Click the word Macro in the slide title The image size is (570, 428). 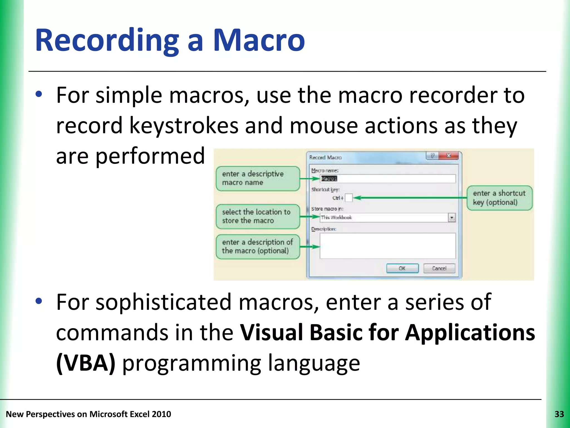click(259, 40)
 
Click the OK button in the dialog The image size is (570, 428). click(402, 268)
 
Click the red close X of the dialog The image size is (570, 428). click(448, 155)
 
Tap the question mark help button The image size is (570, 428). click(432, 155)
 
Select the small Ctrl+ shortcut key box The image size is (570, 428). click(349, 198)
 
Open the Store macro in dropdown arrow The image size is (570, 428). click(452, 217)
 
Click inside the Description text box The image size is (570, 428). click(387, 246)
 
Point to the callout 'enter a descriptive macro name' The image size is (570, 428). click(258, 178)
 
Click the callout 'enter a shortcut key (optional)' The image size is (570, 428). click(499, 198)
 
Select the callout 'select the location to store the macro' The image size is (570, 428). click(258, 216)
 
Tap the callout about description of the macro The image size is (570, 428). click(258, 247)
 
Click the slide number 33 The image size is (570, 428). click(559, 414)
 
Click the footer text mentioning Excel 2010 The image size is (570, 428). click(89, 414)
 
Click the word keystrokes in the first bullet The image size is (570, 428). click(184, 125)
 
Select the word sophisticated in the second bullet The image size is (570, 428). click(164, 302)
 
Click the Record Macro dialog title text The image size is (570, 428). click(325, 157)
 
